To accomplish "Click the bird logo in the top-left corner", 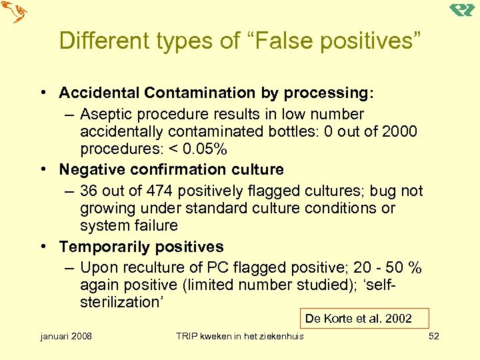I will tap(15, 13).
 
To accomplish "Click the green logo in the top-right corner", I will tap(461, 9).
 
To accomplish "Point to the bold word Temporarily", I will tap(102, 247).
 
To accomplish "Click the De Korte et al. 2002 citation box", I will tap(363, 318).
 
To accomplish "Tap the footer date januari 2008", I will tap(67, 336).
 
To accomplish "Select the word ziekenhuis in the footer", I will tap(279, 336).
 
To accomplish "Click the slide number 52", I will tap(434, 336).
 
